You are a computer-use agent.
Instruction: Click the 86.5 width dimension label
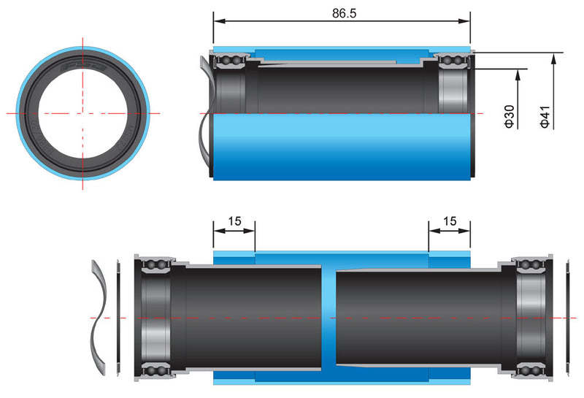tap(342, 13)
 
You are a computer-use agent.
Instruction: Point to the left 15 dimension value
tap(234, 221)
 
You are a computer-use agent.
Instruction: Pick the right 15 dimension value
tap(450, 221)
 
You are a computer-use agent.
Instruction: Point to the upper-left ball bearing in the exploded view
tap(155, 264)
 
